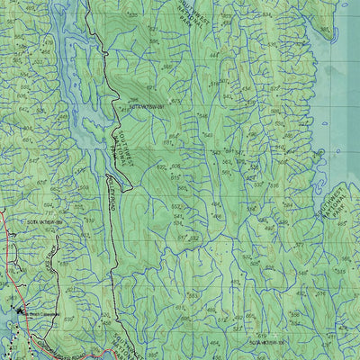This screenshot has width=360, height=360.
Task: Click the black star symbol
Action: coord(20,311)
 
